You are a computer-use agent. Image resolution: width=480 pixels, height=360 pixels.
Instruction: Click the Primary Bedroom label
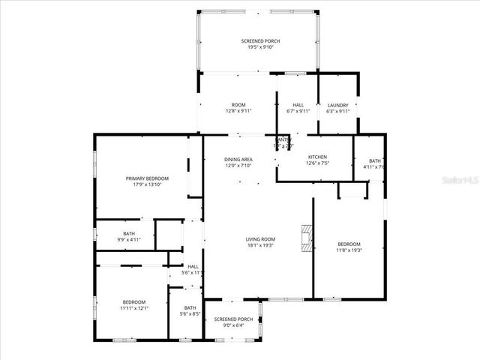[147, 178]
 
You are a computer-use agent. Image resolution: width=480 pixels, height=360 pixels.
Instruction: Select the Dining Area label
[238, 159]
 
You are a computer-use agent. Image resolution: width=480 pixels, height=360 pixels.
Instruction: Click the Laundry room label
[338, 105]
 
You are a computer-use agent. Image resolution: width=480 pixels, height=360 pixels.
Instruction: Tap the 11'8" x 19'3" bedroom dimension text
[349, 250]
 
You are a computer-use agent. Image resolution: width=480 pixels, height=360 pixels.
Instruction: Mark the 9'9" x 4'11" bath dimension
[129, 239]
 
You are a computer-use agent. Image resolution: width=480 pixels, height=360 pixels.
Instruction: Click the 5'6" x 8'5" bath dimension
[190, 313]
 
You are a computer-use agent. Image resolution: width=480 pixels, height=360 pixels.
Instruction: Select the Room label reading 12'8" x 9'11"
[238, 111]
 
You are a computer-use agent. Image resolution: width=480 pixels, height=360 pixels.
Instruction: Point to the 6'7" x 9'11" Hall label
[298, 111]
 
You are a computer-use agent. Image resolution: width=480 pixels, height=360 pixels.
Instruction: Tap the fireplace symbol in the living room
[304, 238]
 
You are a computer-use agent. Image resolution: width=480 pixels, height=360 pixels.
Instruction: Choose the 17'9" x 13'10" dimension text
[147, 184]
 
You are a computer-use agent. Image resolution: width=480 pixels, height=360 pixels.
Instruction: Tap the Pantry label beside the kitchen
[283, 139]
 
